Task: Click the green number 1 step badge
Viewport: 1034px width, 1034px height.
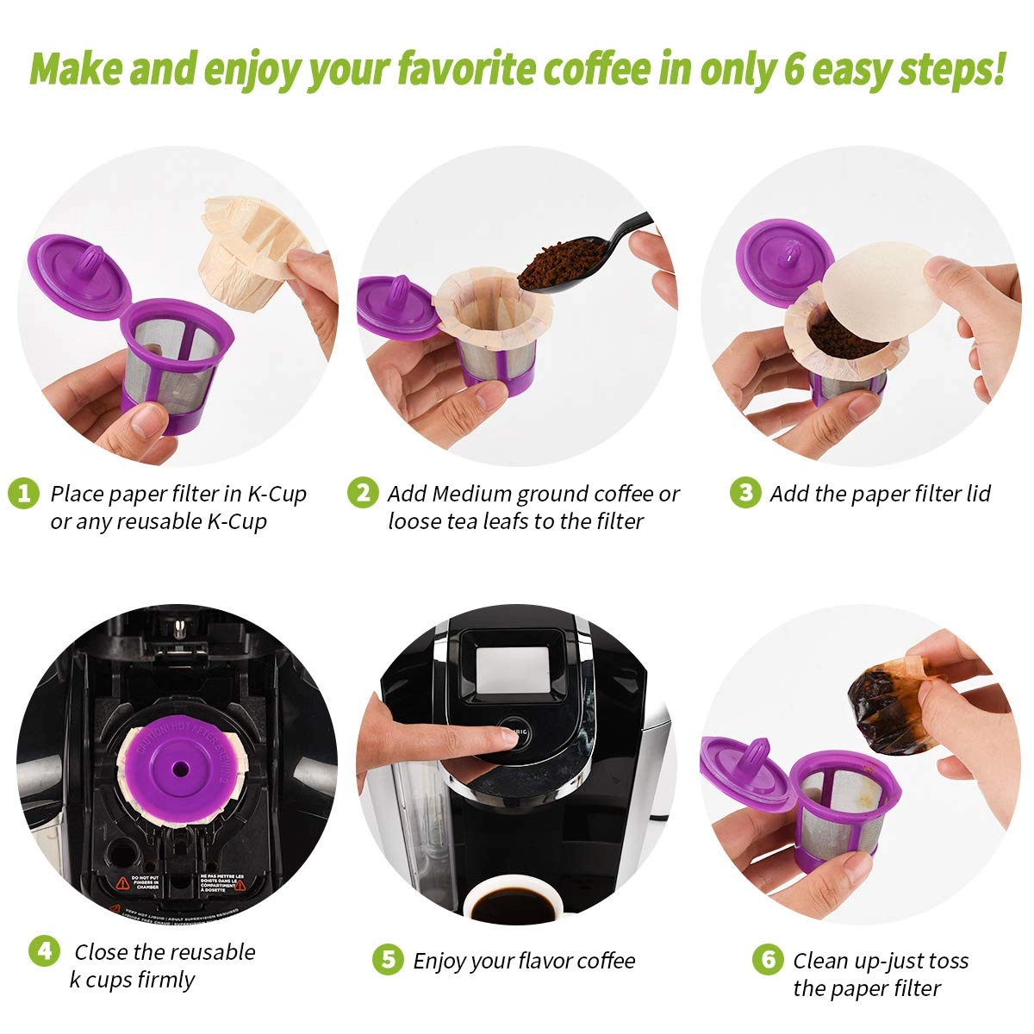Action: pos(23,494)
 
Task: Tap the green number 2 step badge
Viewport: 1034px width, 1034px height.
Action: pos(363,493)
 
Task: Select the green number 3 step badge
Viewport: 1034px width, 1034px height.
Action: pos(745,493)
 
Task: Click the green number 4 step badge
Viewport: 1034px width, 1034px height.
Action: pos(45,951)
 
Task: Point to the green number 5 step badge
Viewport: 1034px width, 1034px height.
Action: pos(388,960)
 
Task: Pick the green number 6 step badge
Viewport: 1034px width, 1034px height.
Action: pos(767,960)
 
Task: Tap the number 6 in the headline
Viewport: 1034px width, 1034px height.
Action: pos(793,69)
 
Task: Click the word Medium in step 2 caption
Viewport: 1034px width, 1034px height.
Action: pos(471,494)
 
